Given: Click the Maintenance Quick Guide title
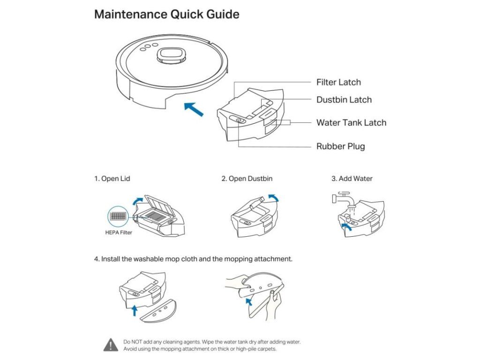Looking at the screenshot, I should (167, 15).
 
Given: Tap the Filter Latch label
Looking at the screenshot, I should (338, 82).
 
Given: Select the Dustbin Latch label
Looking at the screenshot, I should (344, 100).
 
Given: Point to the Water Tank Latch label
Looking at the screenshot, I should (351, 123).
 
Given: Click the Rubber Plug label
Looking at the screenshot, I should (340, 146).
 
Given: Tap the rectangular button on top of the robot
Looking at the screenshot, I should (170, 55).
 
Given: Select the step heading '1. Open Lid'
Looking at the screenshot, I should (112, 179).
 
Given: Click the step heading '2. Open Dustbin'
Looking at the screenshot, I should (247, 179).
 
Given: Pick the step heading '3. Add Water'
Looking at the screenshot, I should (352, 179).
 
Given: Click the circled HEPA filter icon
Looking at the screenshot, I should (117, 217).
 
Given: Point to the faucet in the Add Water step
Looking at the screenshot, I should (341, 197).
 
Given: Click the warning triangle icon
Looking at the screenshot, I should (111, 345).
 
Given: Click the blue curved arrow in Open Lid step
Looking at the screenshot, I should (138, 200).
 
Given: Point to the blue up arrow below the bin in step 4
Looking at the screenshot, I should (135, 309).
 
